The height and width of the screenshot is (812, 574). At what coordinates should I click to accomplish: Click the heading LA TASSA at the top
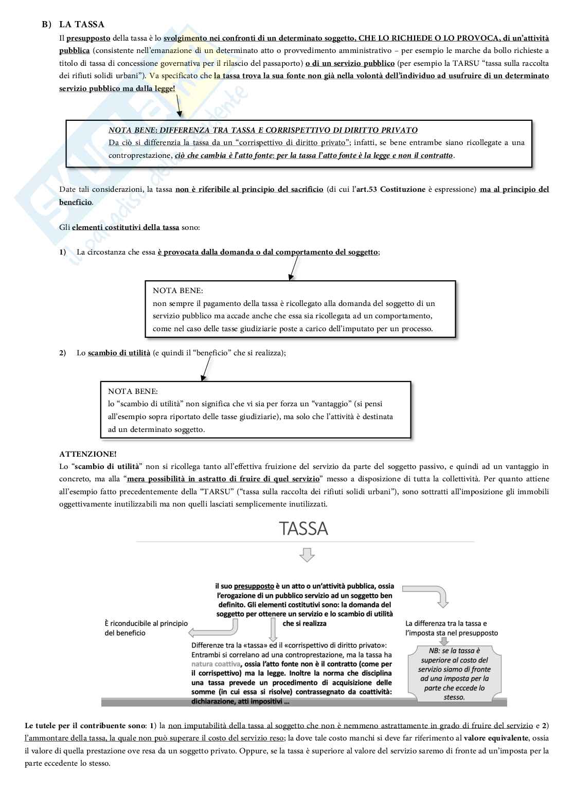coord(82,24)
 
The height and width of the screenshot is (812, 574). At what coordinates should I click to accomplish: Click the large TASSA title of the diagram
coord(303,529)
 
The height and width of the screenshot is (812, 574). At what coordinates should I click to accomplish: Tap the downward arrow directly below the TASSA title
coord(307,555)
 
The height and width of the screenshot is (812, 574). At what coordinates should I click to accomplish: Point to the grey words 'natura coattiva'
coord(215,664)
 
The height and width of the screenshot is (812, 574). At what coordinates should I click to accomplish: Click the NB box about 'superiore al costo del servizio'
coord(454,674)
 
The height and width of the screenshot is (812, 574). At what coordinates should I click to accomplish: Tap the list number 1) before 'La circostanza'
coord(63,252)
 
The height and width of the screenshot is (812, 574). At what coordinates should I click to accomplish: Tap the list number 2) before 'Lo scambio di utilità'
coord(63,353)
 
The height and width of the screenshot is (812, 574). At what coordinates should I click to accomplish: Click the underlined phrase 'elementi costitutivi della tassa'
coord(125,227)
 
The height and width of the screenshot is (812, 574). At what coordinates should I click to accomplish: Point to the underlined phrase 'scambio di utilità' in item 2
coord(119,353)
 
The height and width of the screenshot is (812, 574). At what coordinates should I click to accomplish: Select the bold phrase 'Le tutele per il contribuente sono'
coord(85,726)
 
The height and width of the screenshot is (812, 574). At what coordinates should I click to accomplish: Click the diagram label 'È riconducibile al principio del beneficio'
coord(146,628)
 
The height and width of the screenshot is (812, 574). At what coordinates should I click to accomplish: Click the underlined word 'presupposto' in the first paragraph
coord(88,39)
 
